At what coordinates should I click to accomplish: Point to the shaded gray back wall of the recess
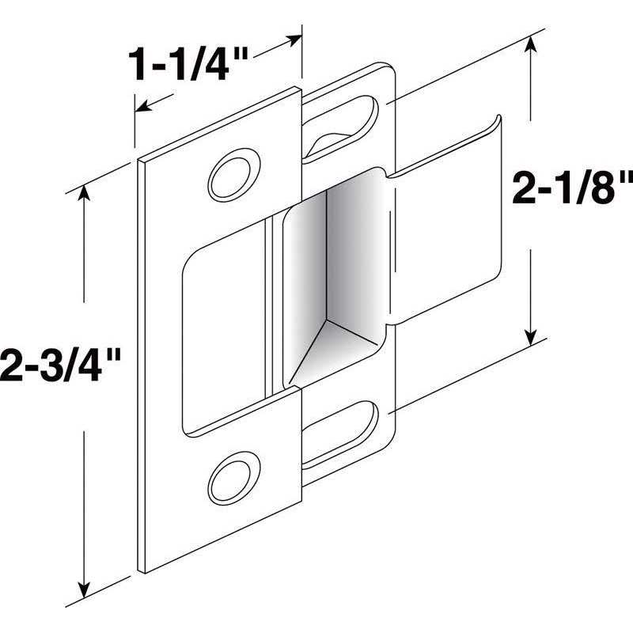[x=332, y=253]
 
